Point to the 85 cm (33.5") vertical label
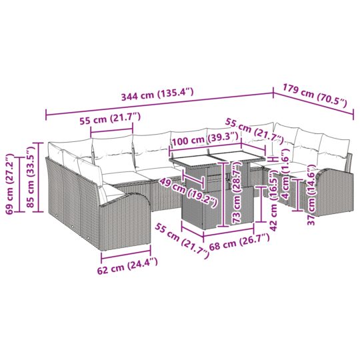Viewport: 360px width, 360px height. click(29, 181)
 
